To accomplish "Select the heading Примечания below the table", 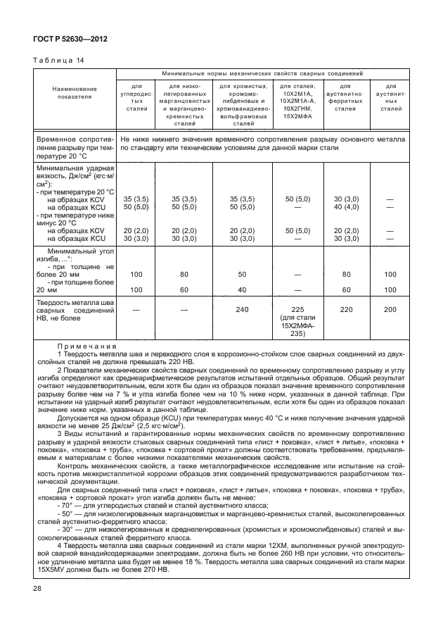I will pyautogui.click(x=87, y=347).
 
